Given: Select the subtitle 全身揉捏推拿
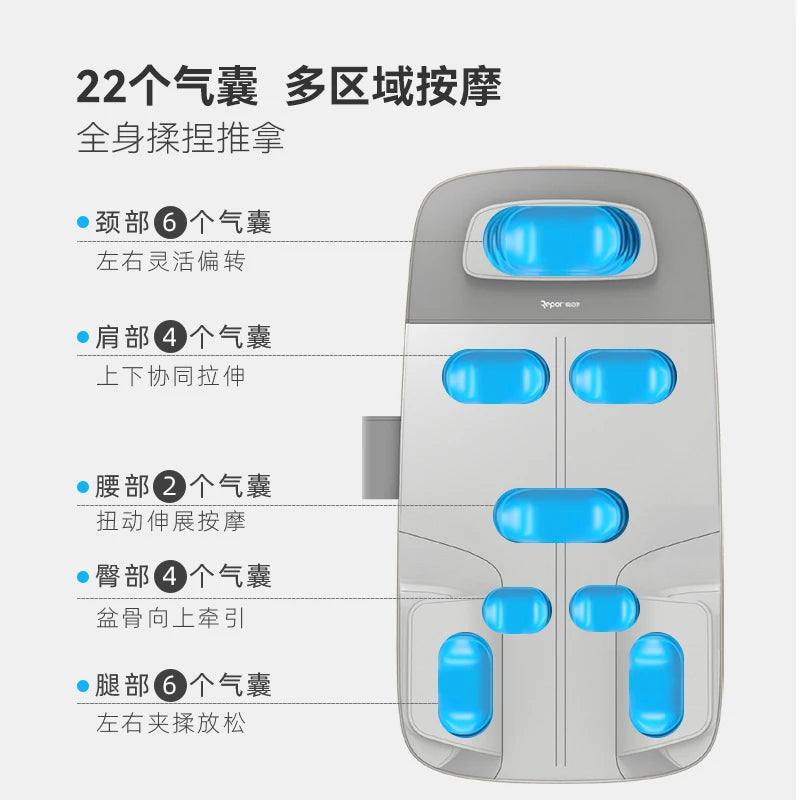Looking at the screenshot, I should click(181, 138).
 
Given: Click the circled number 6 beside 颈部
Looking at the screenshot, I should click(170, 222).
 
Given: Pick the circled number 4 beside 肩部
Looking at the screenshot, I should click(170, 337).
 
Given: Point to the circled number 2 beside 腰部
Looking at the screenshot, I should click(170, 487).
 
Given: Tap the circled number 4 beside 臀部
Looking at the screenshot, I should click(170, 576).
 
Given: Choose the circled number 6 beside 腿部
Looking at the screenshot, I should click(170, 685).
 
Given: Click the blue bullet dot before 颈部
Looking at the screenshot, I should click(83, 223).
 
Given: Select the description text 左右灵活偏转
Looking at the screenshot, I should click(170, 262).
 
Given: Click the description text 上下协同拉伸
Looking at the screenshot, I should click(170, 376).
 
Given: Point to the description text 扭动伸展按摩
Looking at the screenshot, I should click(170, 521).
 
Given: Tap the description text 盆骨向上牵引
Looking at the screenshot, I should click(170, 617).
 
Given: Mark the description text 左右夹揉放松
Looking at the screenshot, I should click(170, 722).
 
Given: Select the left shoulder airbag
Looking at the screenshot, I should click(496, 376).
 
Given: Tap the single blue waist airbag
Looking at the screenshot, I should click(560, 516).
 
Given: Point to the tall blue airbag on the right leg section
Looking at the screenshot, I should click(657, 685).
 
